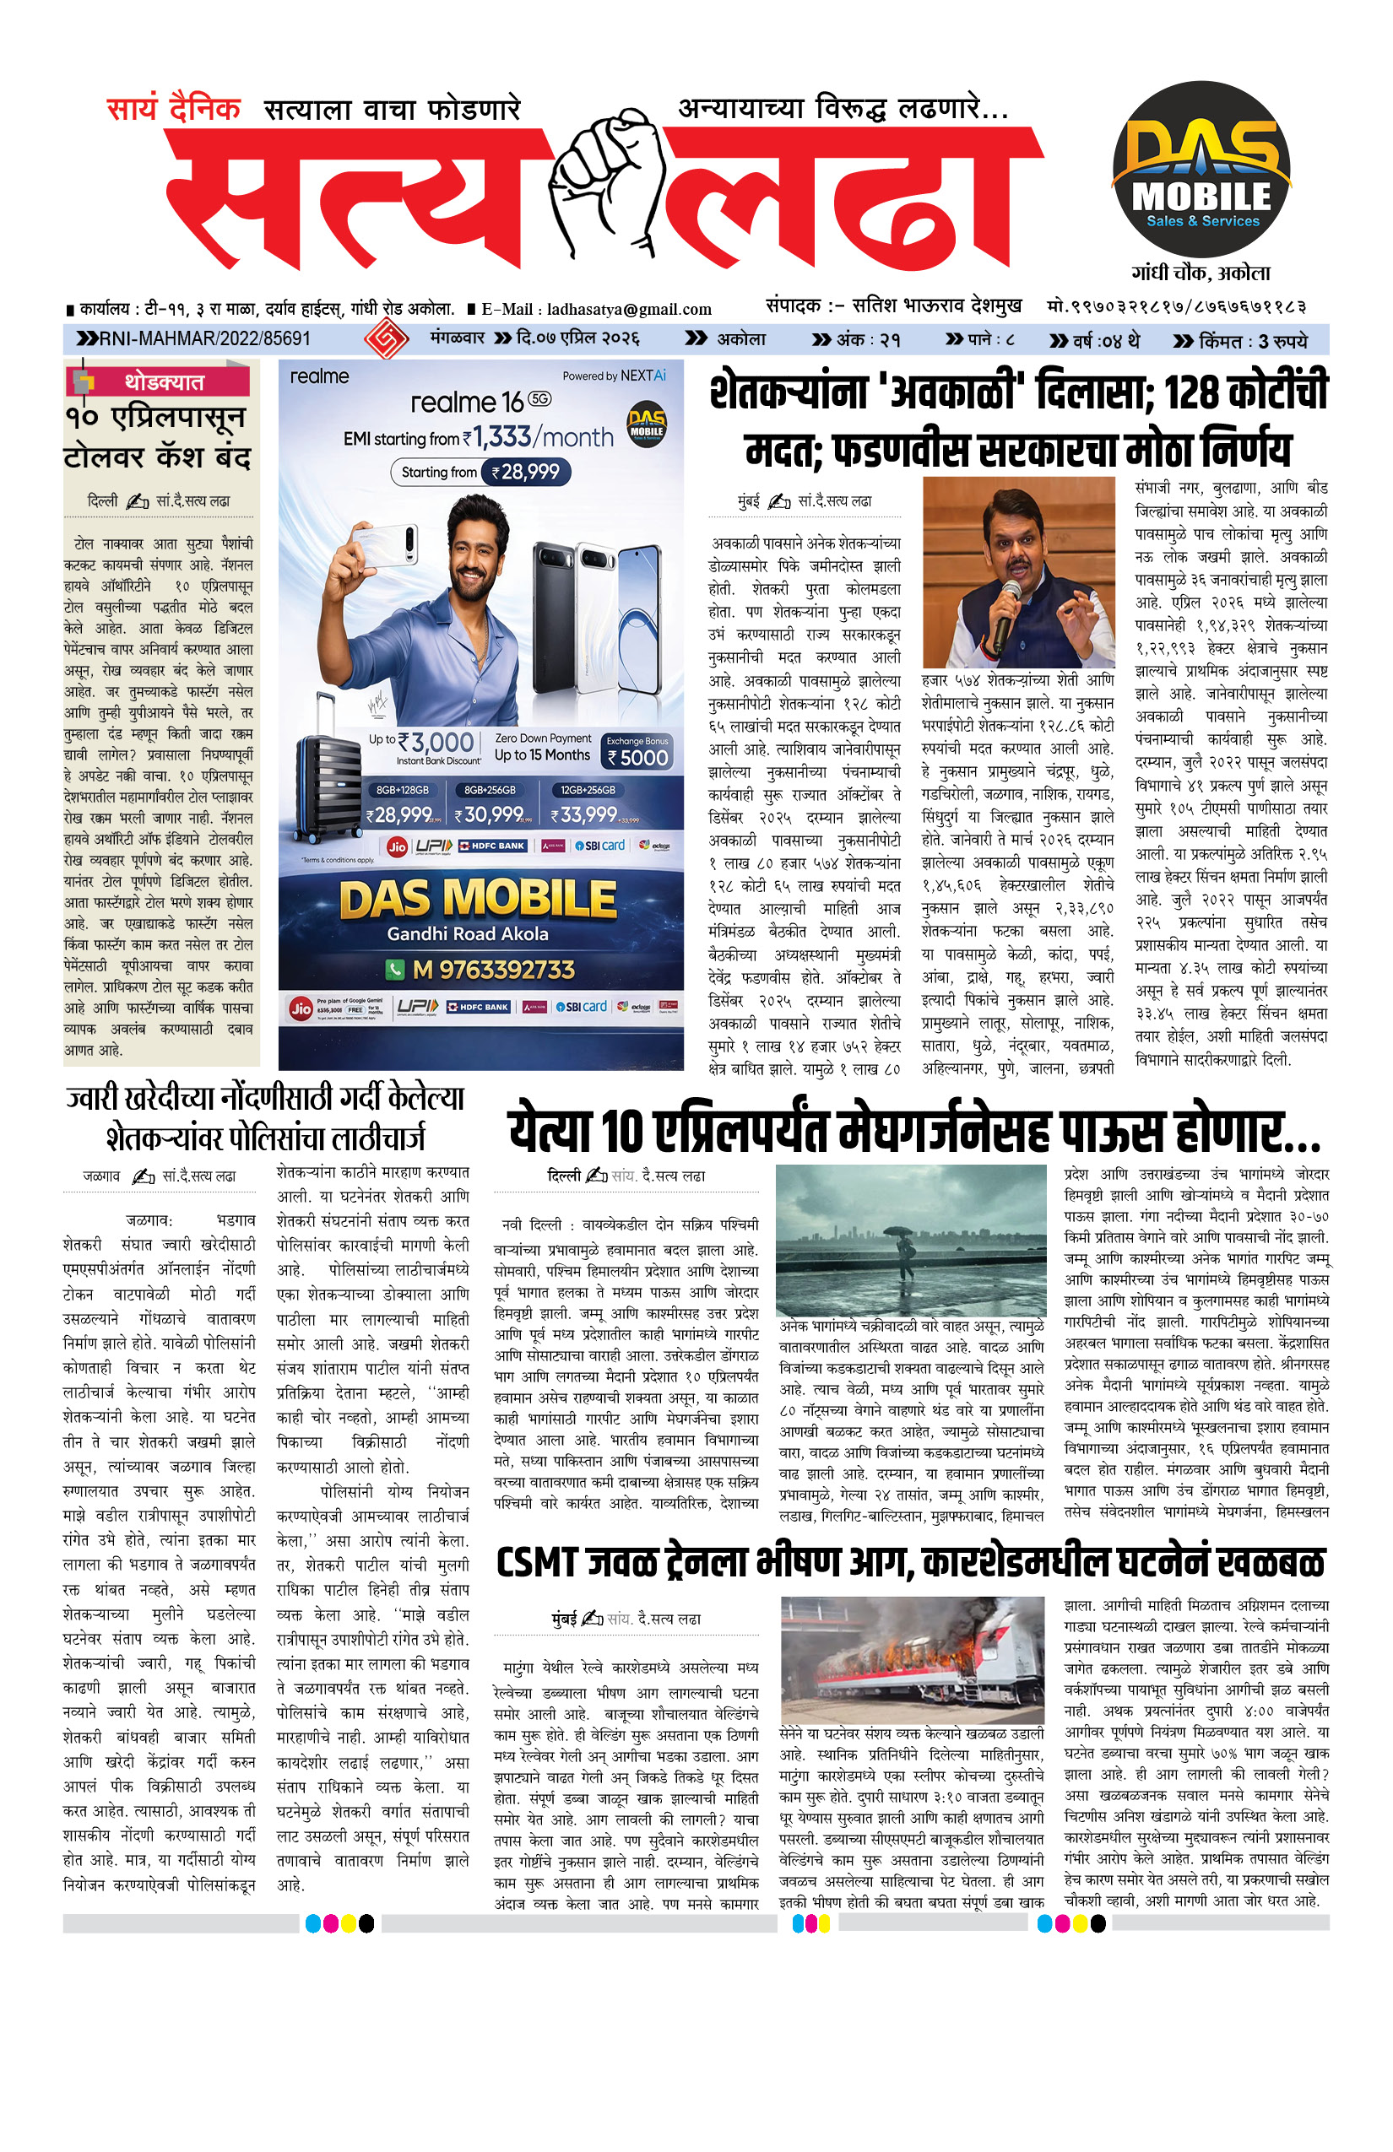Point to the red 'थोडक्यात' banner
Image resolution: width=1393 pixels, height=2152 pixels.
pos(164,381)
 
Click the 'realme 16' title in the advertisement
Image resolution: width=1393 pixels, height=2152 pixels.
pos(468,403)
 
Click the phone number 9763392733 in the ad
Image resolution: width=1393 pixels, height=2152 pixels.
pos(493,970)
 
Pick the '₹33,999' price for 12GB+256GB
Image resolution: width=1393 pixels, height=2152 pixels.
pos(589,814)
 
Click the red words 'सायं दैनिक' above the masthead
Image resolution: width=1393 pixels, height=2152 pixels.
pos(174,110)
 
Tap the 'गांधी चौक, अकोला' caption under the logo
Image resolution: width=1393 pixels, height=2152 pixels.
pos(1201,273)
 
